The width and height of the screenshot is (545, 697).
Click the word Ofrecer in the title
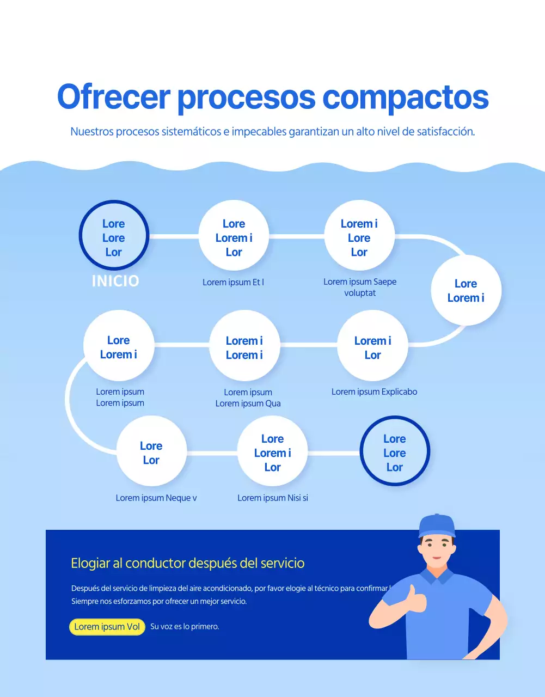(x=114, y=97)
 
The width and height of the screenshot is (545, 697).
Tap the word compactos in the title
(x=406, y=97)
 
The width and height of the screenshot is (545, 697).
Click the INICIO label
(x=115, y=281)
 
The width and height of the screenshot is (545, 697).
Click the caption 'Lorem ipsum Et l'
(x=233, y=282)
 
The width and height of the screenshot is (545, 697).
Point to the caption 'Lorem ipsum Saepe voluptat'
(x=360, y=287)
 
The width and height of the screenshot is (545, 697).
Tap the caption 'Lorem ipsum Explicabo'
(x=374, y=392)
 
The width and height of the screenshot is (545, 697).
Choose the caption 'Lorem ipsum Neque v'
(x=156, y=498)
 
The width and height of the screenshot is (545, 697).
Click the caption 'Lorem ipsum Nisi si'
(x=273, y=498)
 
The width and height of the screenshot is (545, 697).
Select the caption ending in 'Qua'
(x=248, y=398)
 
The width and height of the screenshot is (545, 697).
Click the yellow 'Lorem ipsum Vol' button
(x=107, y=627)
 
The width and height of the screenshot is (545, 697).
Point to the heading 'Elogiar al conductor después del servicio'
(x=188, y=563)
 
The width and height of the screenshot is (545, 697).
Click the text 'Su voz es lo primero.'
(x=185, y=627)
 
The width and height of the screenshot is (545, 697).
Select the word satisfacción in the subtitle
(x=445, y=132)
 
